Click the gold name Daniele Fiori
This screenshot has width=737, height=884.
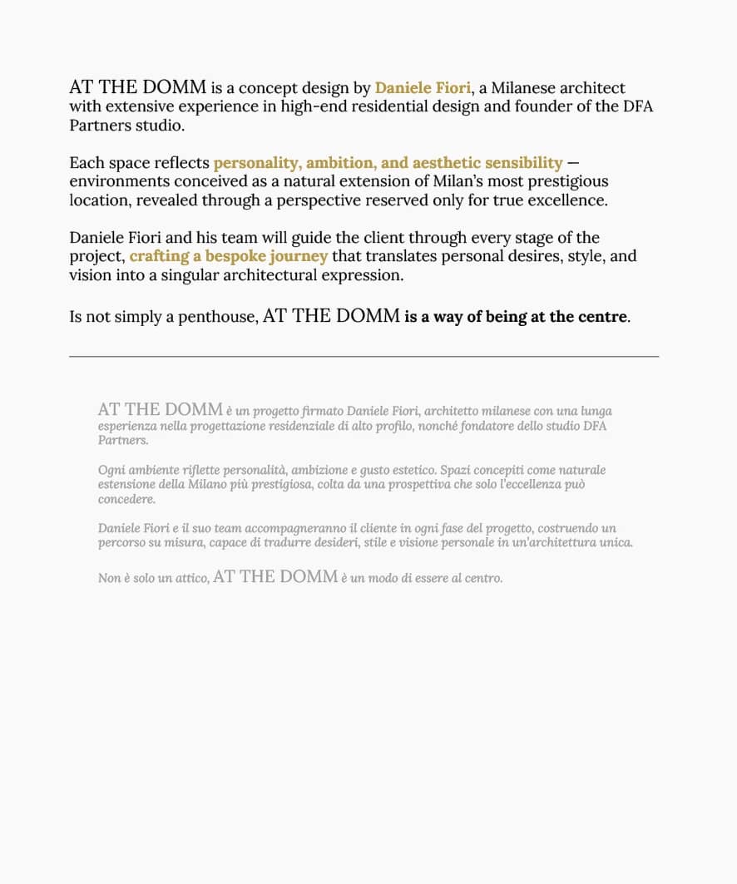click(423, 88)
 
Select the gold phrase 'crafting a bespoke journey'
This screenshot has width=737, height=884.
click(229, 257)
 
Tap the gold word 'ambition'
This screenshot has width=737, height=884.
click(339, 163)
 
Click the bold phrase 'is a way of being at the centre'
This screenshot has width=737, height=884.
click(516, 317)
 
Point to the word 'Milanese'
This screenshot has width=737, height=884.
click(522, 88)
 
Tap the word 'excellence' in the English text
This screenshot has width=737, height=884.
click(568, 201)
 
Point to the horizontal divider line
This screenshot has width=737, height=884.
click(364, 356)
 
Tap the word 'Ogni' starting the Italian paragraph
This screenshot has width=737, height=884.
click(111, 471)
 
